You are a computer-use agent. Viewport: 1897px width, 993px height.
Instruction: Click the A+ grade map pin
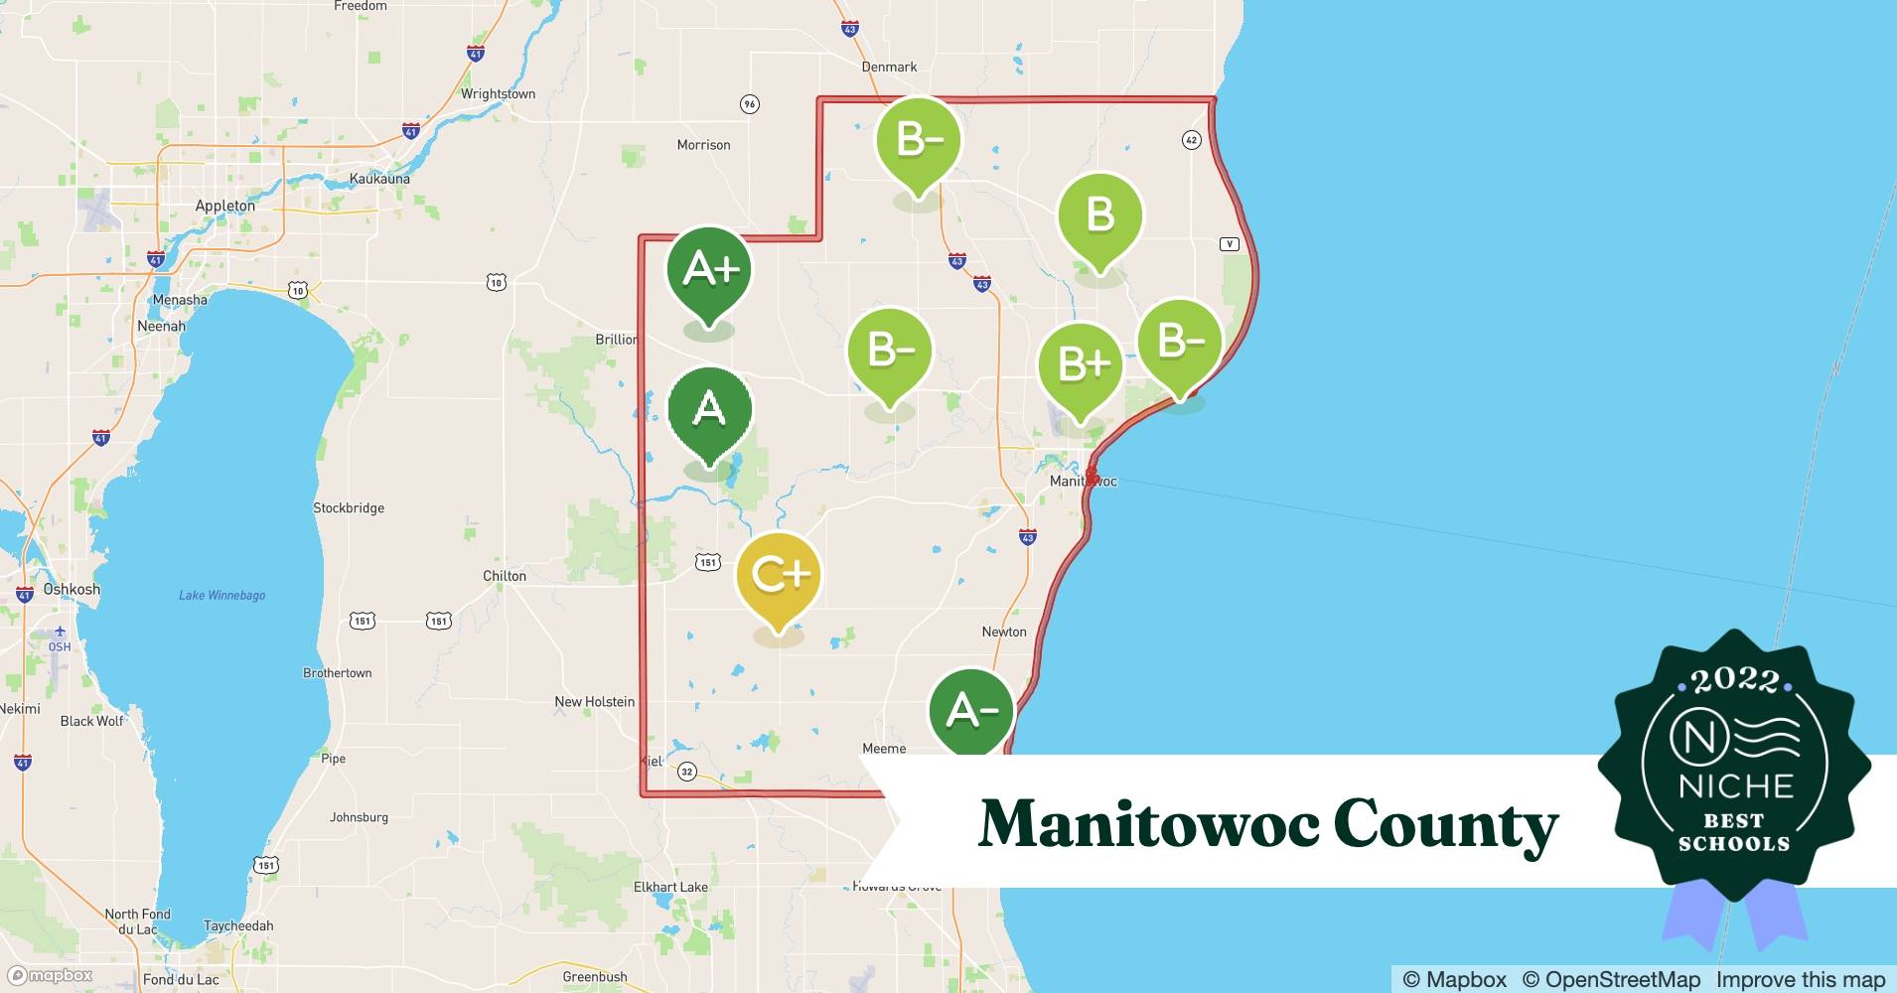click(708, 270)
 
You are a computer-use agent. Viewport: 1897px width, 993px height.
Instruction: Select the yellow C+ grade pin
click(779, 576)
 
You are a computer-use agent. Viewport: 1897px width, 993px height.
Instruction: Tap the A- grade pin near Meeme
click(971, 711)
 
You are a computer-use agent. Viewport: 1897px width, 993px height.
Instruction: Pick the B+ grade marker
click(1081, 364)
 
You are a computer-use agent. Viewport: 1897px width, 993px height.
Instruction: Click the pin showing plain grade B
click(1099, 215)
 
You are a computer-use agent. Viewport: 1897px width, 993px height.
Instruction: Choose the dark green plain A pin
click(709, 409)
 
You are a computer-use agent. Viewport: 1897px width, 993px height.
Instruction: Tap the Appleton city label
click(224, 207)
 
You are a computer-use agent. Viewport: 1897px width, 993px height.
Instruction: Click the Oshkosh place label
click(72, 590)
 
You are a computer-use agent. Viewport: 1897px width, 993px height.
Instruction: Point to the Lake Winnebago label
click(222, 596)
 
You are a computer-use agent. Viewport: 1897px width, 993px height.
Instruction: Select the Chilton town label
click(505, 576)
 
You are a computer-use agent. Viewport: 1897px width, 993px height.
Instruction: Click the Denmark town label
click(889, 68)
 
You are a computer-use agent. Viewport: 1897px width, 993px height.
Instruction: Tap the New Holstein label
click(594, 702)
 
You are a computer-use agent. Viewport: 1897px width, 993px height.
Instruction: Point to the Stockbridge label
click(349, 508)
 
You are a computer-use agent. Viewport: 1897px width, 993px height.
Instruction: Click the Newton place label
click(1004, 632)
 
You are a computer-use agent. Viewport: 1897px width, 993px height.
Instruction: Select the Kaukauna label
click(379, 180)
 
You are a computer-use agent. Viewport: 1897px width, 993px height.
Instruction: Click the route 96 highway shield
click(750, 104)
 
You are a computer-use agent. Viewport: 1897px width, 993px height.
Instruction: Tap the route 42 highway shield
click(1192, 140)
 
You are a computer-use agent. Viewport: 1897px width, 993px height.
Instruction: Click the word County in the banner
click(1445, 824)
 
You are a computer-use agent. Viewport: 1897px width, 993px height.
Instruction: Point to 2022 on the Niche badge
click(1734, 680)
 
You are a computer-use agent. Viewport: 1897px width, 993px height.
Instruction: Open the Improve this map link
click(1800, 979)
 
